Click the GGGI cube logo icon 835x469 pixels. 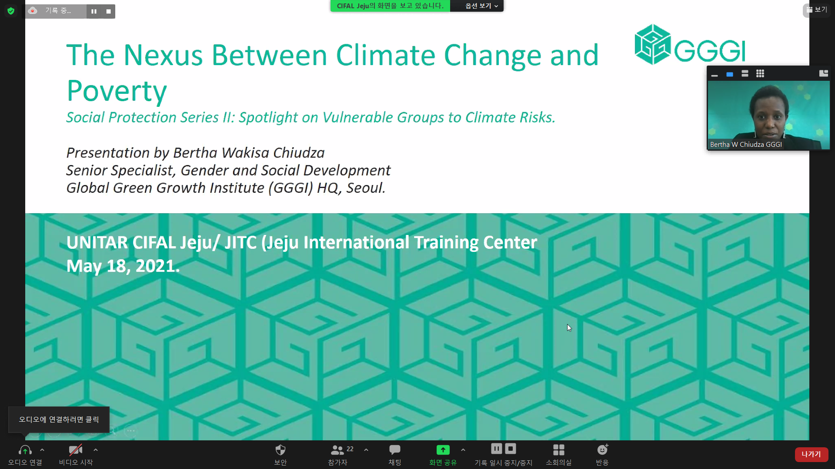[x=652, y=44]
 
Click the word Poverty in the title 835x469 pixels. [x=117, y=91]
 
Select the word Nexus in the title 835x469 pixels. [x=163, y=55]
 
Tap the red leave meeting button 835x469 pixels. [x=811, y=454]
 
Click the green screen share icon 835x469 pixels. [x=443, y=450]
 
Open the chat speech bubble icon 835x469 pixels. [x=394, y=450]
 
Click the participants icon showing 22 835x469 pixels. [x=337, y=450]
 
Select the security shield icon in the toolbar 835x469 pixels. [x=281, y=450]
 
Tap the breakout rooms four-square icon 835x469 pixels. [x=558, y=450]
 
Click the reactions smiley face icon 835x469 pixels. [x=602, y=449]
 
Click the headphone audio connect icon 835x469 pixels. [x=25, y=450]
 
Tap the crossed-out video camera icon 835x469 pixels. [x=76, y=450]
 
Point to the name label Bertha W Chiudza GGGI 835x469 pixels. [x=746, y=145]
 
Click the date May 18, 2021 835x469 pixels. [x=123, y=266]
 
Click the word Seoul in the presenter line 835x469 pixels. [x=365, y=188]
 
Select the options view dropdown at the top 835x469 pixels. [x=481, y=6]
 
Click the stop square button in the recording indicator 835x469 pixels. [x=108, y=11]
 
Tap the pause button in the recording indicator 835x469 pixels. [x=94, y=11]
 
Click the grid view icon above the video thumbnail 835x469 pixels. [x=760, y=74]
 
